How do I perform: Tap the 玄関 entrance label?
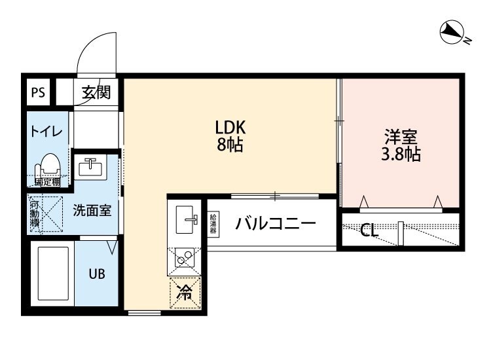[96, 93]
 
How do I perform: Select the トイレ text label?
[46, 131]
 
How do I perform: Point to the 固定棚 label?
[48, 182]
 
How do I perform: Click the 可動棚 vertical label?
[35, 213]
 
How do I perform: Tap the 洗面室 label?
[91, 211]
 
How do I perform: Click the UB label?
[96, 274]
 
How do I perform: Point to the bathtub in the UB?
[52, 273]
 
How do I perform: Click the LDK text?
[230, 127]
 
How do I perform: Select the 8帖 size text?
[230, 145]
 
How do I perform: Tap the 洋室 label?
[401, 137]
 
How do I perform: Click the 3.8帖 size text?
[401, 155]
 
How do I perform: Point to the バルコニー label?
[276, 224]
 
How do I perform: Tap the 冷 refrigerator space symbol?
[185, 292]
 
